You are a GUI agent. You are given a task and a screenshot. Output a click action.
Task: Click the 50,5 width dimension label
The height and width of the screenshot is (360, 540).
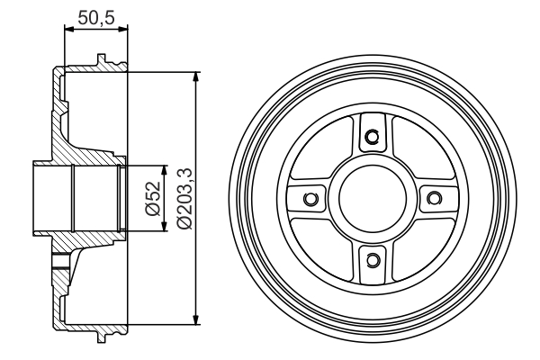point(95,17)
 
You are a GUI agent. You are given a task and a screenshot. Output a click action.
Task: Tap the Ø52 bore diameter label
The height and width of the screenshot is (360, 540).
point(154,198)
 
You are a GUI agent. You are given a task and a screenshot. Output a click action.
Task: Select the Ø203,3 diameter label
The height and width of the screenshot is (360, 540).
point(184,198)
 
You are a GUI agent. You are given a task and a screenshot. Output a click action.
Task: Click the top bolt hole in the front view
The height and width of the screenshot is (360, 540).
point(372,137)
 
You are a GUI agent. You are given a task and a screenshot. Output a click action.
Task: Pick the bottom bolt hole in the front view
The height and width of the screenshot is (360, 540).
point(372,260)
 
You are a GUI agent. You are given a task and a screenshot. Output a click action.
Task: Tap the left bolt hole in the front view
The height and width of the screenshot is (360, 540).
point(310,198)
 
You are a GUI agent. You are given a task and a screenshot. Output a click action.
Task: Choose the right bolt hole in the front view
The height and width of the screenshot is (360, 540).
point(434,198)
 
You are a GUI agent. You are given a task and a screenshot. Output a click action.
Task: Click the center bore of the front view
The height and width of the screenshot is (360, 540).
point(373,198)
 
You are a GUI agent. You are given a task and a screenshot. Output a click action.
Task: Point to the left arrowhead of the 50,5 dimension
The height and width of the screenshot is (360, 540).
point(69,30)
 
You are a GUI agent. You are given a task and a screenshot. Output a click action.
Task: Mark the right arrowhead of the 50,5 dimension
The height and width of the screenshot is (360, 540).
point(122,30)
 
